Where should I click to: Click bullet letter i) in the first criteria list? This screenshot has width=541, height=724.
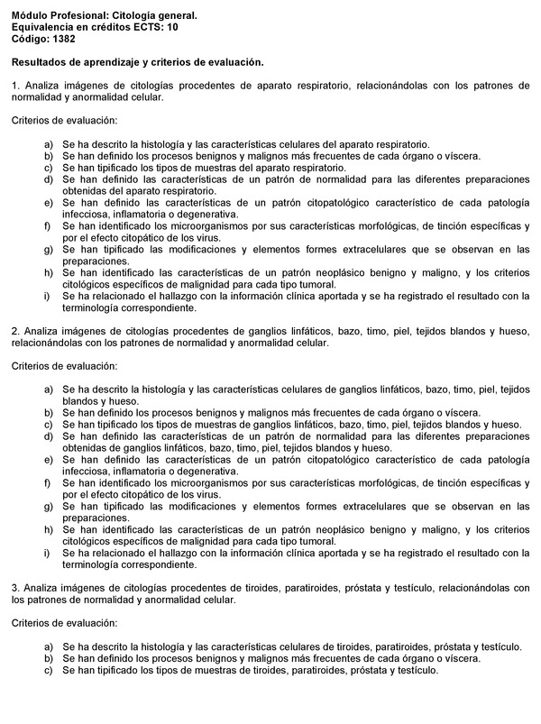click(x=48, y=296)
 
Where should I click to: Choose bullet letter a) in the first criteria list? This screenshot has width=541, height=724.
click(x=48, y=144)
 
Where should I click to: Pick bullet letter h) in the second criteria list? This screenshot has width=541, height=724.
click(x=48, y=530)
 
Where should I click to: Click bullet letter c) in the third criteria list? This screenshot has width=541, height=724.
click(x=48, y=670)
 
